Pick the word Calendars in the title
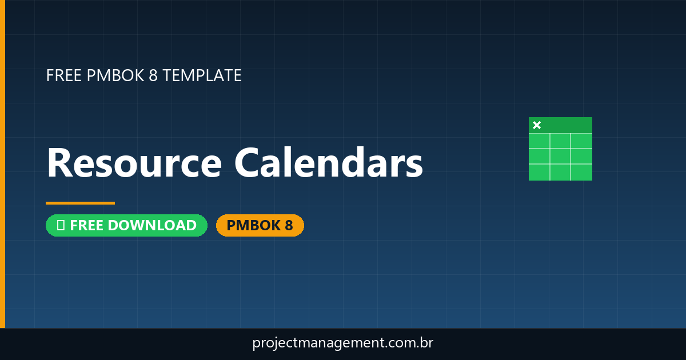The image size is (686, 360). (x=329, y=163)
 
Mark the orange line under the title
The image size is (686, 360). (x=80, y=203)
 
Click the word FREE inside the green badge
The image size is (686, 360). (x=87, y=226)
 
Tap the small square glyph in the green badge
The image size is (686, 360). (x=61, y=226)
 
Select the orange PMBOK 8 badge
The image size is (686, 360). (x=260, y=226)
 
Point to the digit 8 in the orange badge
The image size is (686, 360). (x=289, y=226)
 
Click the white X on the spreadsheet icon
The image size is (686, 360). (x=537, y=125)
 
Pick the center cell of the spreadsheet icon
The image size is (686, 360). (x=560, y=156)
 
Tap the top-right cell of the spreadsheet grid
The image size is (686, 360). (x=581, y=141)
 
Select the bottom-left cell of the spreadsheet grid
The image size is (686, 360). (x=539, y=171)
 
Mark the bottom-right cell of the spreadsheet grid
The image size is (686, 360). (x=581, y=171)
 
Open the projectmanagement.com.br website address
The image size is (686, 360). (x=342, y=343)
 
